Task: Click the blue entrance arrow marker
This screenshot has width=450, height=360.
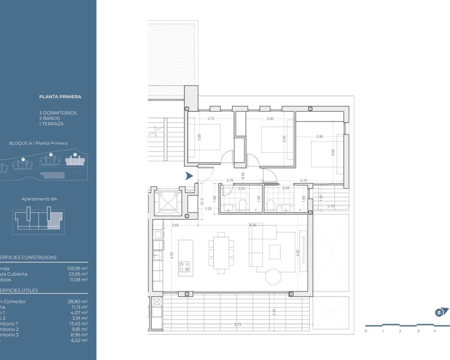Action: click(x=189, y=176)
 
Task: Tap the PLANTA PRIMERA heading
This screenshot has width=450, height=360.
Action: click(x=60, y=97)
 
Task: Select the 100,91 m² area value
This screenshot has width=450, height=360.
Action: click(x=77, y=269)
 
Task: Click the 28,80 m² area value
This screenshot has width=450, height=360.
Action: click(x=77, y=302)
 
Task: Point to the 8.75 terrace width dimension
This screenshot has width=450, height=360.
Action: click(x=238, y=324)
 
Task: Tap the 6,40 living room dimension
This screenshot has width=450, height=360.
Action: click(x=253, y=225)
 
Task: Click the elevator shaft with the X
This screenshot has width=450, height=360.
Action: click(x=167, y=202)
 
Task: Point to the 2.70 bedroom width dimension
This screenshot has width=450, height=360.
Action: click(x=211, y=119)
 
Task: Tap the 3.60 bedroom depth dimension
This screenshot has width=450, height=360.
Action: click(x=333, y=153)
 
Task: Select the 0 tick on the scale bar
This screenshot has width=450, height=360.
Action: click(x=366, y=331)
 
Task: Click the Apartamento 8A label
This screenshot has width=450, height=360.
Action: click(x=39, y=199)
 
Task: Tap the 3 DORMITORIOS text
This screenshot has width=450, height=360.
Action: click(x=58, y=113)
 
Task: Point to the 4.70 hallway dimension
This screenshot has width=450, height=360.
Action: click(x=303, y=181)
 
